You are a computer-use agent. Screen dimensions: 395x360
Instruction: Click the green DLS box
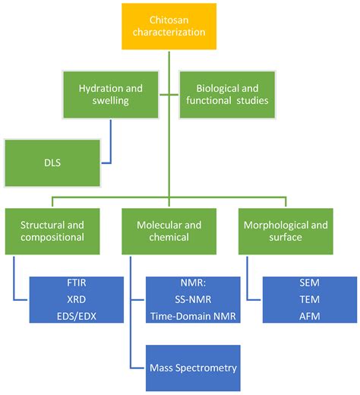coord(52,163)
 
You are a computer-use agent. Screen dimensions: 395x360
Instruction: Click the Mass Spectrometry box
coord(193,368)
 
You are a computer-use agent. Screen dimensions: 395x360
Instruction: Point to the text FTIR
coord(76,283)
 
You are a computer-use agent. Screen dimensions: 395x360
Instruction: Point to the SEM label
coord(310,283)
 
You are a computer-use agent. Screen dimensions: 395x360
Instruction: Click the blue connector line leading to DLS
coord(112,144)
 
